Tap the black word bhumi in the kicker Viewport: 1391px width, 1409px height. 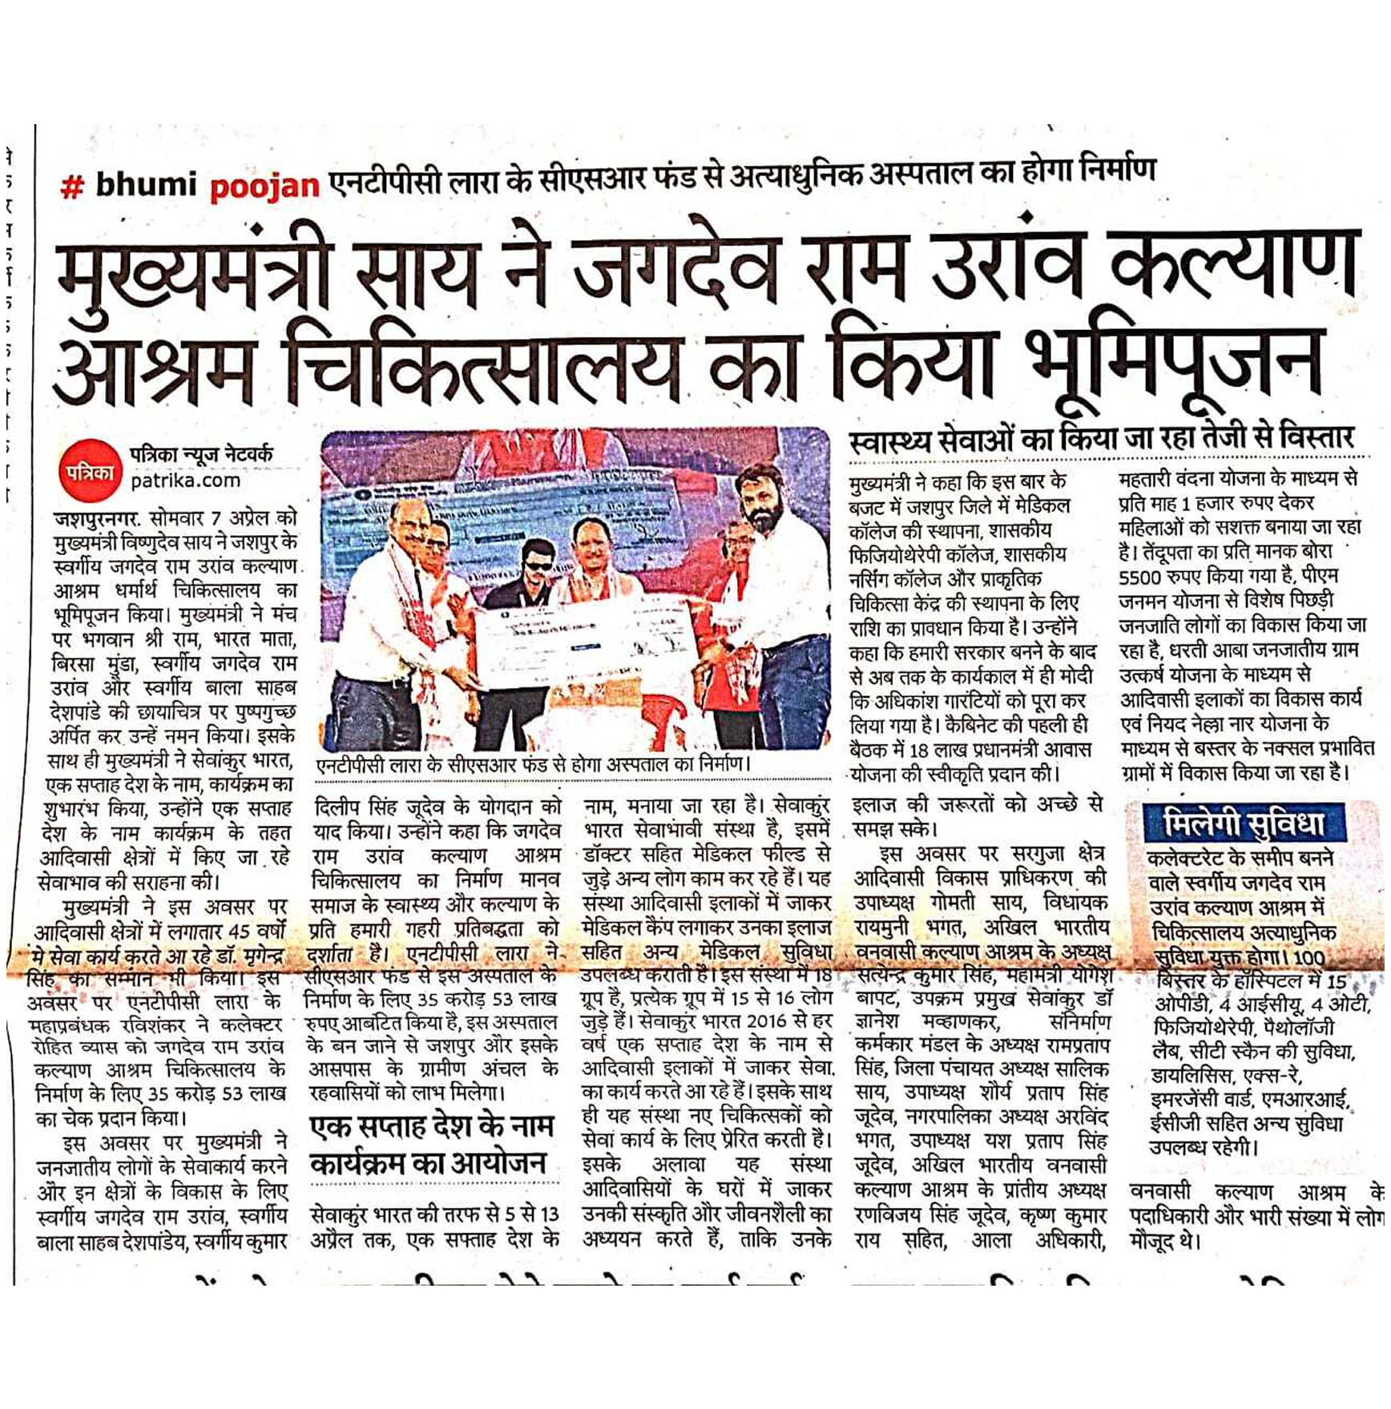146,186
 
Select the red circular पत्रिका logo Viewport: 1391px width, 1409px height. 89,473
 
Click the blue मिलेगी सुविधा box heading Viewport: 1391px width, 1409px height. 1244,823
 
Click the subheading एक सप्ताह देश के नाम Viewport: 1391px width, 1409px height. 431,1128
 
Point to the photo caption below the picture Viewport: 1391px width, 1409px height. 533,763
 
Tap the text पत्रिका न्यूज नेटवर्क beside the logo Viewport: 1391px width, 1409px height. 201,454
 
